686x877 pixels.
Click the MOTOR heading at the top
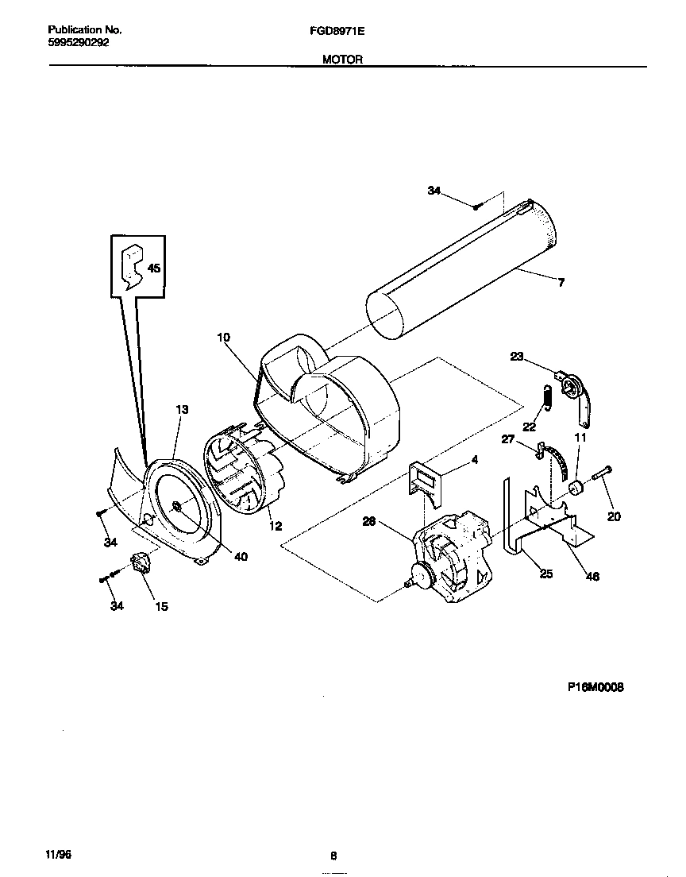pos(342,59)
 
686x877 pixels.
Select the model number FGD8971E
pos(337,31)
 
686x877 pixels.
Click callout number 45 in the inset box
pos(154,269)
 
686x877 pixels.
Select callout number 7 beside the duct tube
pos(561,282)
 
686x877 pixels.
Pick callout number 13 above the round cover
pos(182,409)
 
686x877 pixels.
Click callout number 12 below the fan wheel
pos(275,525)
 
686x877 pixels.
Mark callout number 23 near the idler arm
pos(517,357)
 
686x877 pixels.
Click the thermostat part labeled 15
pos(142,564)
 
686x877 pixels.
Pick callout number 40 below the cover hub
pos(241,556)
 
